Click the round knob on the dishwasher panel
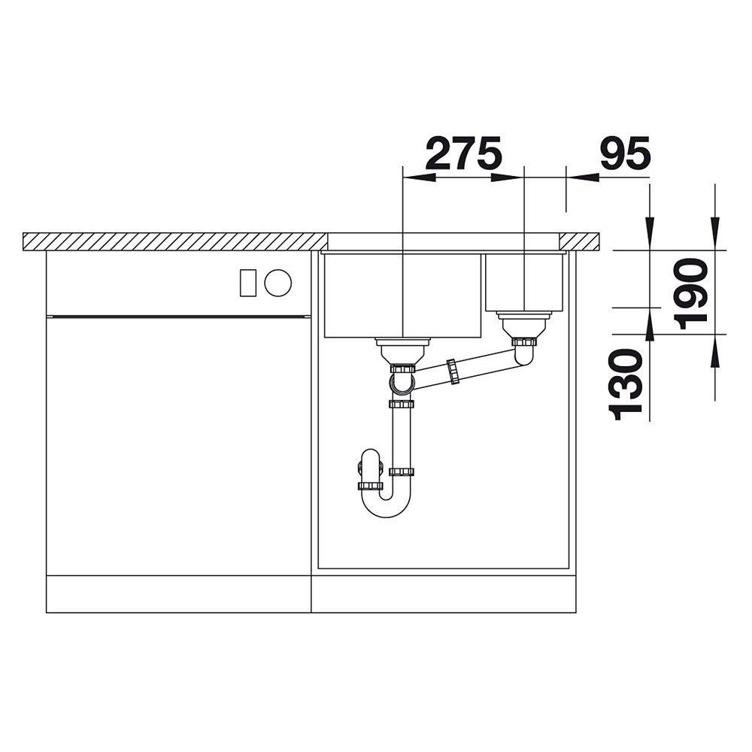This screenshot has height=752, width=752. (277, 283)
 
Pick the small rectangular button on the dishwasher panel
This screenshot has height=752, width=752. (248, 283)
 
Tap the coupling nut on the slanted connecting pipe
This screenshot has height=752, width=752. (452, 371)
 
